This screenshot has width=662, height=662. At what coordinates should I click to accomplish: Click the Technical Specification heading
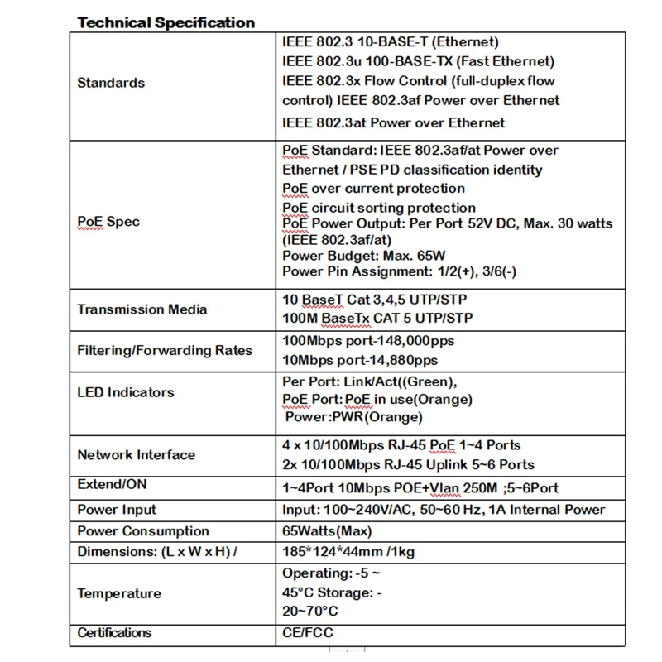165,22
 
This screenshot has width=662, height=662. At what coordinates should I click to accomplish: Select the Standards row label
111,83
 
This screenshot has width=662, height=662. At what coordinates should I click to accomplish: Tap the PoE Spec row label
108,222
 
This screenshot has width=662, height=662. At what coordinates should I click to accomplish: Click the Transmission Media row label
142,309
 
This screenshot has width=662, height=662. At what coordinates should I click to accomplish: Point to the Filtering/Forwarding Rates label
165,350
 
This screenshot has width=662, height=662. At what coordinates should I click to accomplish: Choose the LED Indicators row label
126,392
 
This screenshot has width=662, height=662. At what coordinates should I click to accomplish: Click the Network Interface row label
137,454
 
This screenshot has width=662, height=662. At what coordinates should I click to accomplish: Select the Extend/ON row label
112,485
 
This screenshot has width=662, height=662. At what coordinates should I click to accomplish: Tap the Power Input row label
117,510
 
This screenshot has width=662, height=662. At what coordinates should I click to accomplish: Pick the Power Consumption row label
143,531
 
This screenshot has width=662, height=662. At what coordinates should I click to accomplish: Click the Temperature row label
119,593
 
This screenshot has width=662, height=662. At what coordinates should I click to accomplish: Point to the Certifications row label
114,633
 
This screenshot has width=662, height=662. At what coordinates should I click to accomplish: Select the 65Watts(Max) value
327,531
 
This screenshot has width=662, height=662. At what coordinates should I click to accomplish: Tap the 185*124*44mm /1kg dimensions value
357,552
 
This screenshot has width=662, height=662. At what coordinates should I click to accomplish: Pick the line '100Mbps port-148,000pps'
367,341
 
